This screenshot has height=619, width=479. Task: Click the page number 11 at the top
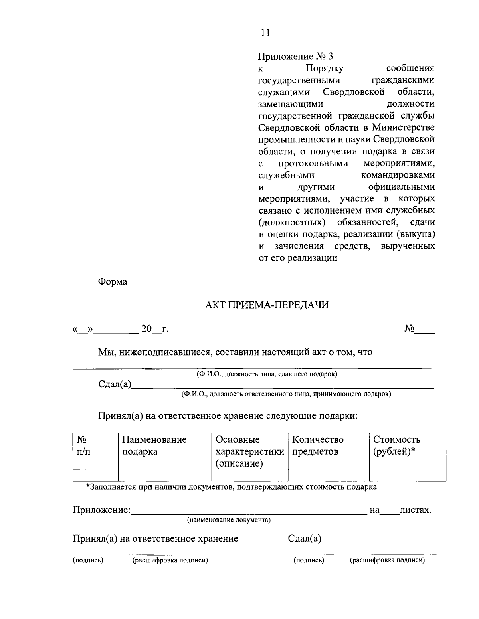(x=265, y=33)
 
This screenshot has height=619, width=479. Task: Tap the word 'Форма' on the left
(x=113, y=282)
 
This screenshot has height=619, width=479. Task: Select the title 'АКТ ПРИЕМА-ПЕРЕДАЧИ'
(x=266, y=305)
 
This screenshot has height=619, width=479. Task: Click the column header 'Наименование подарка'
(x=154, y=446)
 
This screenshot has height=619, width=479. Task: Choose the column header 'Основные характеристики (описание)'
(x=249, y=451)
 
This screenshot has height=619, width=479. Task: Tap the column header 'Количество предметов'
(x=318, y=446)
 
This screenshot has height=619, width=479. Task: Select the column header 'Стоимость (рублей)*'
(x=396, y=446)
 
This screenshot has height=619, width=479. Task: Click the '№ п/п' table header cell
(x=83, y=446)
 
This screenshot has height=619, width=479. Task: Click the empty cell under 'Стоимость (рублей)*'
(x=407, y=475)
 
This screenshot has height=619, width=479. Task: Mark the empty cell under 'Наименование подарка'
(x=165, y=475)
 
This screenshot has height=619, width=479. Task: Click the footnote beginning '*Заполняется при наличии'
(x=231, y=487)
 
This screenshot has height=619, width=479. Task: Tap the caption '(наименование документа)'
(x=229, y=520)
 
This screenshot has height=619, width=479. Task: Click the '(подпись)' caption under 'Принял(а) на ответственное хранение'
(x=88, y=561)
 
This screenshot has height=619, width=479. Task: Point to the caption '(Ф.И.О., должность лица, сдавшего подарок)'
(x=266, y=374)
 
